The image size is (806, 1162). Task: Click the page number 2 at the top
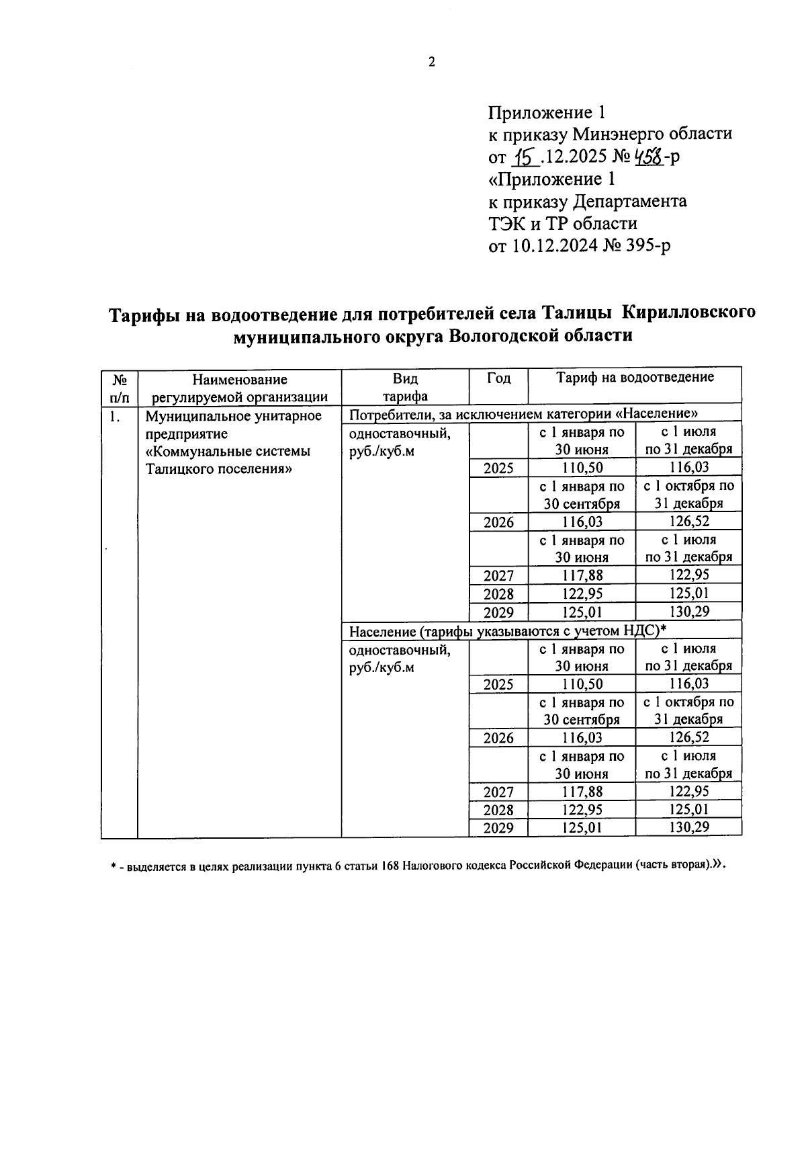[432, 63]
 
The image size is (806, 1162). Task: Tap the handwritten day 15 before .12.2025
[525, 157]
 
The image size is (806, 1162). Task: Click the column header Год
[498, 378]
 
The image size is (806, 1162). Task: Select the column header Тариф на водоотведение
[635, 378]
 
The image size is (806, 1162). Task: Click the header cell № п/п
[119, 387]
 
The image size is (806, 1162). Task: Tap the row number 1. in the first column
[115, 417]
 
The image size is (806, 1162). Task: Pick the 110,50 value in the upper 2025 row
[582, 468]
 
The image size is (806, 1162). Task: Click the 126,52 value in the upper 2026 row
[689, 522]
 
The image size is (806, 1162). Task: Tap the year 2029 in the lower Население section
[498, 828]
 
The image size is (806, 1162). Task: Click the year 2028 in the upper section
[498, 594]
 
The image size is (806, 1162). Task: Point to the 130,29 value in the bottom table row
[689, 827]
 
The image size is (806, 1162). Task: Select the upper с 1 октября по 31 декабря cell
[689, 495]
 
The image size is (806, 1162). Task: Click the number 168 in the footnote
[392, 866]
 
